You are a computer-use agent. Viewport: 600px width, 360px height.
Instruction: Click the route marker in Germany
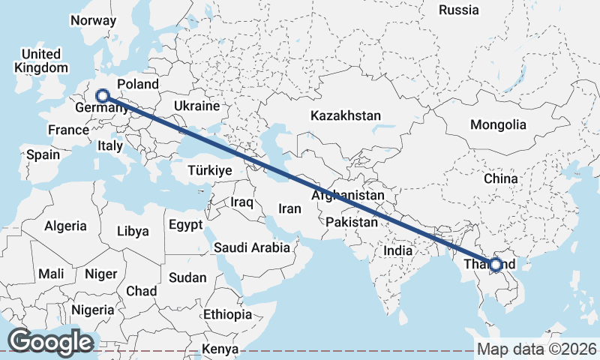tap(103, 95)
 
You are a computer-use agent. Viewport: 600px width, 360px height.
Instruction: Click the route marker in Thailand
tap(495, 264)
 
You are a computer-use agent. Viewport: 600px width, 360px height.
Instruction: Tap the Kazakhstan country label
tap(345, 116)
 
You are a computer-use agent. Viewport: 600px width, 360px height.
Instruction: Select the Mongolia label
tap(498, 124)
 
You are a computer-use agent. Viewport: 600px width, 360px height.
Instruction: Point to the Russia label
tap(459, 10)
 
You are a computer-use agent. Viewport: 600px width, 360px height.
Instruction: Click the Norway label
tap(93, 20)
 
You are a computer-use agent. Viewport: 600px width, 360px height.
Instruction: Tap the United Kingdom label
tap(40, 61)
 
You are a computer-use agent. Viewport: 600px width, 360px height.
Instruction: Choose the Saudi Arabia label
tap(252, 247)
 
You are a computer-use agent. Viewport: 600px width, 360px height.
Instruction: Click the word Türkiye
tap(209, 170)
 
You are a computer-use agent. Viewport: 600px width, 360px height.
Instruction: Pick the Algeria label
tap(65, 225)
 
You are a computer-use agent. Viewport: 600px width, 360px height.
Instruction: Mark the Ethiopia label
tap(227, 314)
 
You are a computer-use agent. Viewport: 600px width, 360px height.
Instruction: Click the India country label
tap(399, 251)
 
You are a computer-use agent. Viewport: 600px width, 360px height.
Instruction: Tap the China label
tap(501, 179)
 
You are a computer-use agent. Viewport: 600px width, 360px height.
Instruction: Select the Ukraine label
tap(196, 106)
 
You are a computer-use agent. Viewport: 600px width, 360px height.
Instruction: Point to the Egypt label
tap(185, 224)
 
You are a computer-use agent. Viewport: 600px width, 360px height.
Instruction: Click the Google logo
tap(50, 342)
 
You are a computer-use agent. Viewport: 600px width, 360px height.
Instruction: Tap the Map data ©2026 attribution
tap(536, 349)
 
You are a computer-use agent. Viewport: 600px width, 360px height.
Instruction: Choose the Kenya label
tap(220, 349)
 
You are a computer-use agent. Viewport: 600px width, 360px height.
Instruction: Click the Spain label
tap(43, 154)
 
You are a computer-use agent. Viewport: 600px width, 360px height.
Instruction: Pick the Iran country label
tap(289, 208)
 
